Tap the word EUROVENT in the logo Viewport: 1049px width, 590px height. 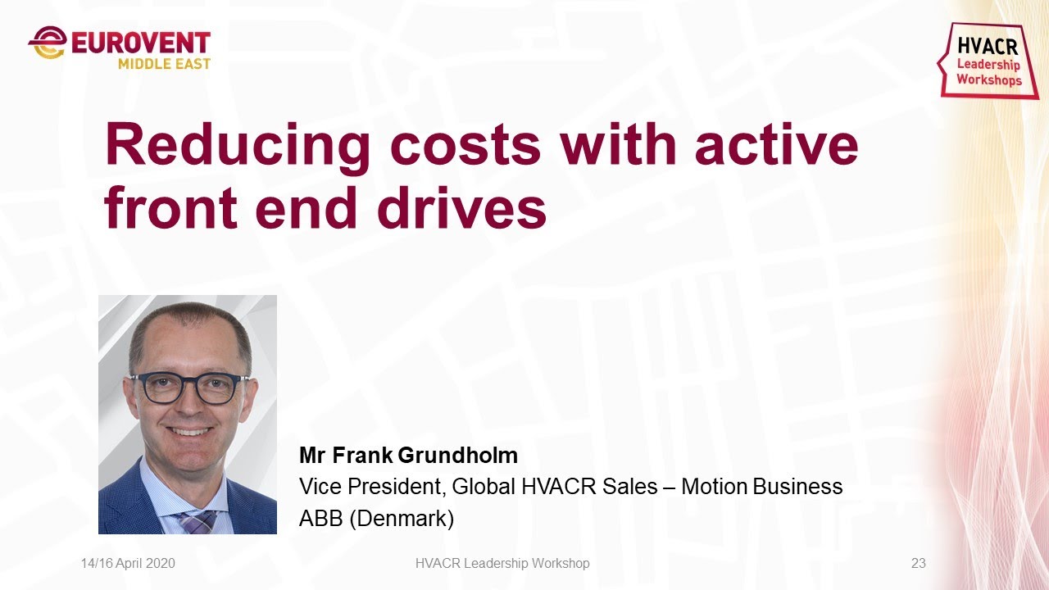140,43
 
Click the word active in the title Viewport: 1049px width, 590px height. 776,146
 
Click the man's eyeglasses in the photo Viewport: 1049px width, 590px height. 190,388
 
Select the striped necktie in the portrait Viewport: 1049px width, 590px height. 197,521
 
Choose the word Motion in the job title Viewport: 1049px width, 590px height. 714,487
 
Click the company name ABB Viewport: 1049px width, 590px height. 320,519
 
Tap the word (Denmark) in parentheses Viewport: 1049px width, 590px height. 402,519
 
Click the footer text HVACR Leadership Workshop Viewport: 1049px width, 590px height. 502,564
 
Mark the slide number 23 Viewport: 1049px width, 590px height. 918,564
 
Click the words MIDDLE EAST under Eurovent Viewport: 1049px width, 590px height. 164,64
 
